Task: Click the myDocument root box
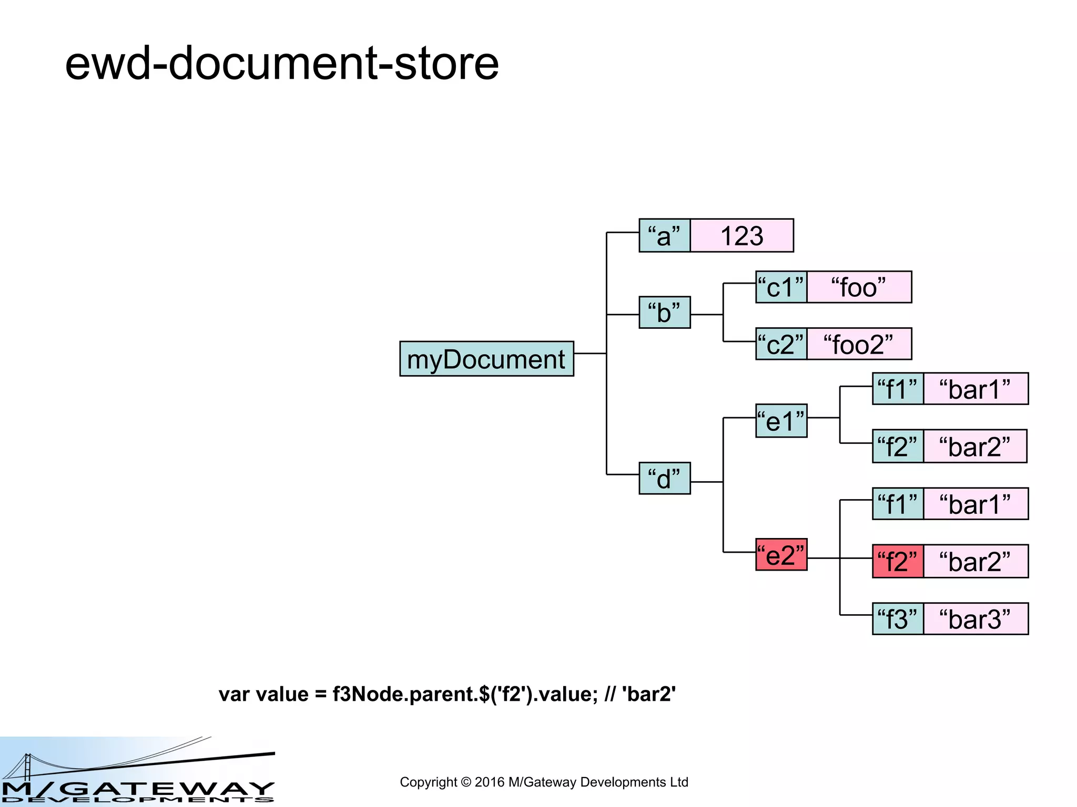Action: click(486, 359)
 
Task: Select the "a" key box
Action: click(664, 235)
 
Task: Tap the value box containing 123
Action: click(741, 235)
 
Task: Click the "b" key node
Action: click(664, 313)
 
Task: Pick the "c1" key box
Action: click(781, 287)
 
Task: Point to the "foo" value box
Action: click(859, 287)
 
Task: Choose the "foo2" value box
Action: click(859, 344)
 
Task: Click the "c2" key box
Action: click(781, 344)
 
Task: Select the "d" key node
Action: click(664, 479)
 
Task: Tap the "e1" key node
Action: click(781, 421)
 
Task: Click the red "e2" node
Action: click(781, 555)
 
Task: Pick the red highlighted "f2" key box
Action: click(898, 561)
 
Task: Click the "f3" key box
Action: click(898, 619)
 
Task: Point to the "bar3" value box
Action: click(976, 619)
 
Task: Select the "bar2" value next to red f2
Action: click(976, 561)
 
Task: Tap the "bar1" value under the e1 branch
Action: click(976, 389)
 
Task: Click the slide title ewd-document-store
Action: click(282, 63)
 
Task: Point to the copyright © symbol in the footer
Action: click(466, 782)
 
